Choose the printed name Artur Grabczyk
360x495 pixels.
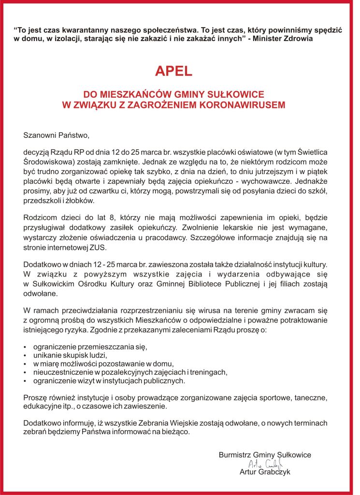pyautogui.click(x=265, y=472)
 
